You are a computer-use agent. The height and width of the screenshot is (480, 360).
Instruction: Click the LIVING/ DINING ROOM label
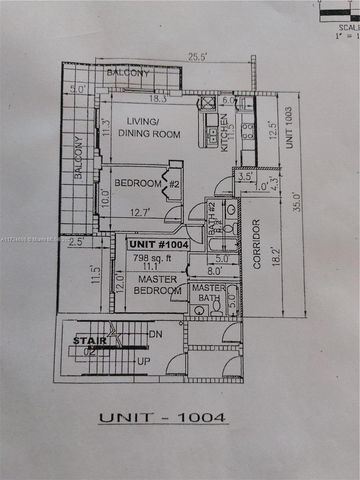(x=150, y=128)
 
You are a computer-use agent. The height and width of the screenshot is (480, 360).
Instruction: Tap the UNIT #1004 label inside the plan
(x=158, y=243)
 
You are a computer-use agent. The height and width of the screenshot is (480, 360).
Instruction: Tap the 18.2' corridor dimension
(x=277, y=250)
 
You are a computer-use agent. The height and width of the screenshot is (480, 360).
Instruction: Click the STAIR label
(x=85, y=341)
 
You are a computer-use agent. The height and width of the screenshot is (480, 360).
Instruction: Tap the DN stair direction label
(x=154, y=333)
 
